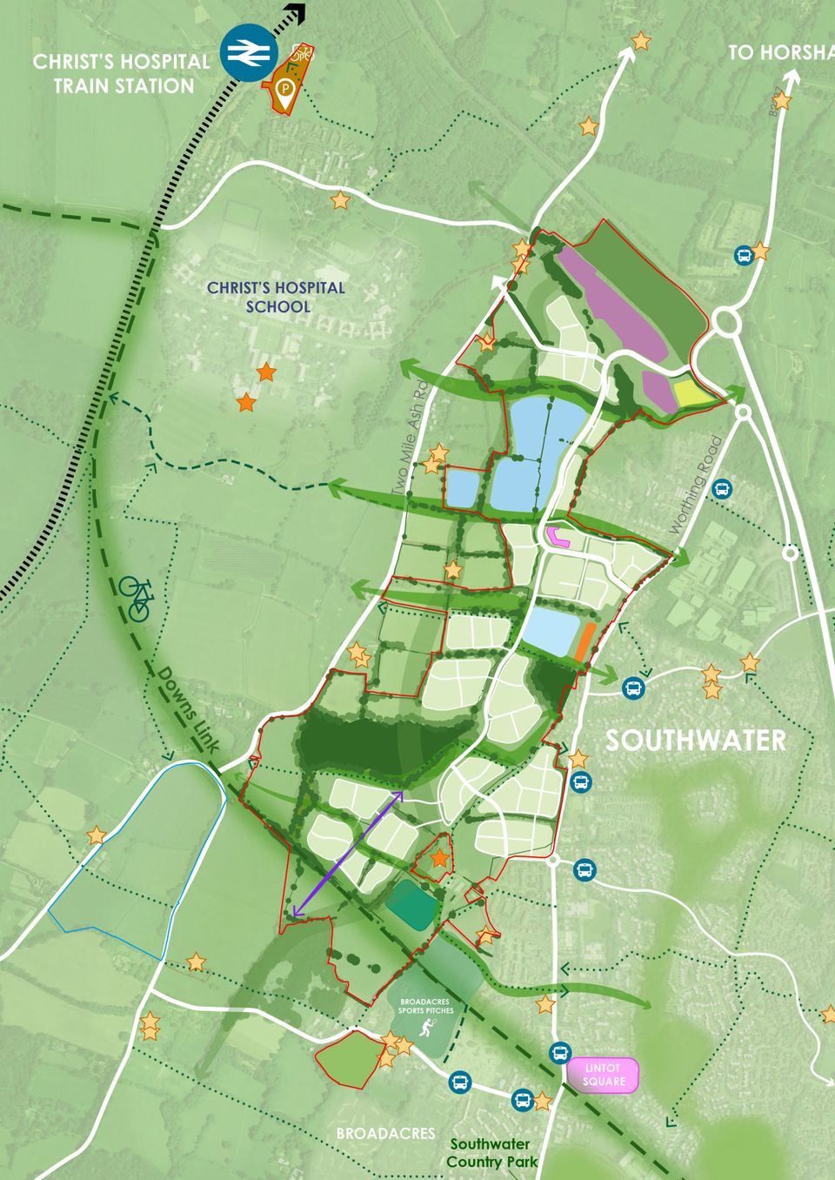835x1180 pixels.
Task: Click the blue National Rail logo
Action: pos(248,53)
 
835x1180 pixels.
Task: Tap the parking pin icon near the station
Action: pos(285,89)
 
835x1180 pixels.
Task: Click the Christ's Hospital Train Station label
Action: pos(122,74)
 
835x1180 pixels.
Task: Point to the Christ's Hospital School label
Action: pos(276,297)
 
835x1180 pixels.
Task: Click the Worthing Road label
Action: pos(697,486)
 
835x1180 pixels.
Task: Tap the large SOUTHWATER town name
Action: pos(696,741)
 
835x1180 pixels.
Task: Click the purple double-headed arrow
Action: pos(348,854)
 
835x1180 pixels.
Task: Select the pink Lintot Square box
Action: pos(605,1075)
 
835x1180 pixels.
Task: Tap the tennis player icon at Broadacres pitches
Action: pos(426,1030)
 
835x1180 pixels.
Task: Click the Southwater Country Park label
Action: pos(491,1153)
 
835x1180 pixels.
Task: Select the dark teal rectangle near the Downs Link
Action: pos(411,904)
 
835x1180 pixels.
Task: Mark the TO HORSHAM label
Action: pos(781,52)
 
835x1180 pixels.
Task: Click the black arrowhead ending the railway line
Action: pos(297,12)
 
